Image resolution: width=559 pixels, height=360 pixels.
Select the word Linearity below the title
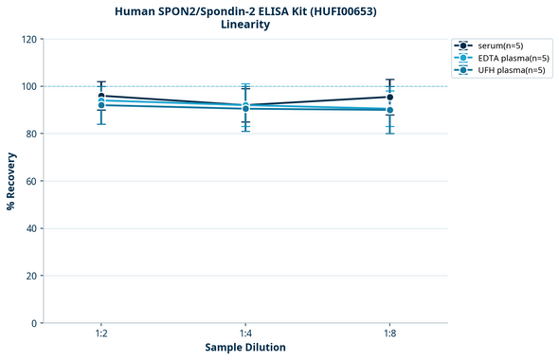(244, 25)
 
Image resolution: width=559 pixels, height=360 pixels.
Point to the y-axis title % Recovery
(11, 180)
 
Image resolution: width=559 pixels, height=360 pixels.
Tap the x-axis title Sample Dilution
(244, 348)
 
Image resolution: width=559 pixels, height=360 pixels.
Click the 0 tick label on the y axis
(34, 323)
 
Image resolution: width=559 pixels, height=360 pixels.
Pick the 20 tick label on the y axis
(31, 276)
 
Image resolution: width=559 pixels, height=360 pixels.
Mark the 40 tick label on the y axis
(31, 228)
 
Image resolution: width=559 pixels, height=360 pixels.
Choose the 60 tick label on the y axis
(31, 181)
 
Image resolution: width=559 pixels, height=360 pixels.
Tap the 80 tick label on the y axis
(31, 134)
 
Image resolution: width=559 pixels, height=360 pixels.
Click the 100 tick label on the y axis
(28, 86)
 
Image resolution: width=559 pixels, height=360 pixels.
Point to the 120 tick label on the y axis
(28, 39)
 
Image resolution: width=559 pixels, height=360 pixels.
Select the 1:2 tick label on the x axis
(101, 334)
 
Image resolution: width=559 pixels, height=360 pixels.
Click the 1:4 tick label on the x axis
(245, 334)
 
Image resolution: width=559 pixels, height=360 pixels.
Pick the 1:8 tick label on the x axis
(389, 334)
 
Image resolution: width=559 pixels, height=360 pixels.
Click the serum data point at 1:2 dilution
(101, 96)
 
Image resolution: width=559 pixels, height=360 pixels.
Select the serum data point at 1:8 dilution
(389, 97)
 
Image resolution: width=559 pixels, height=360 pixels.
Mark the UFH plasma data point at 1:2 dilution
(101, 105)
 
